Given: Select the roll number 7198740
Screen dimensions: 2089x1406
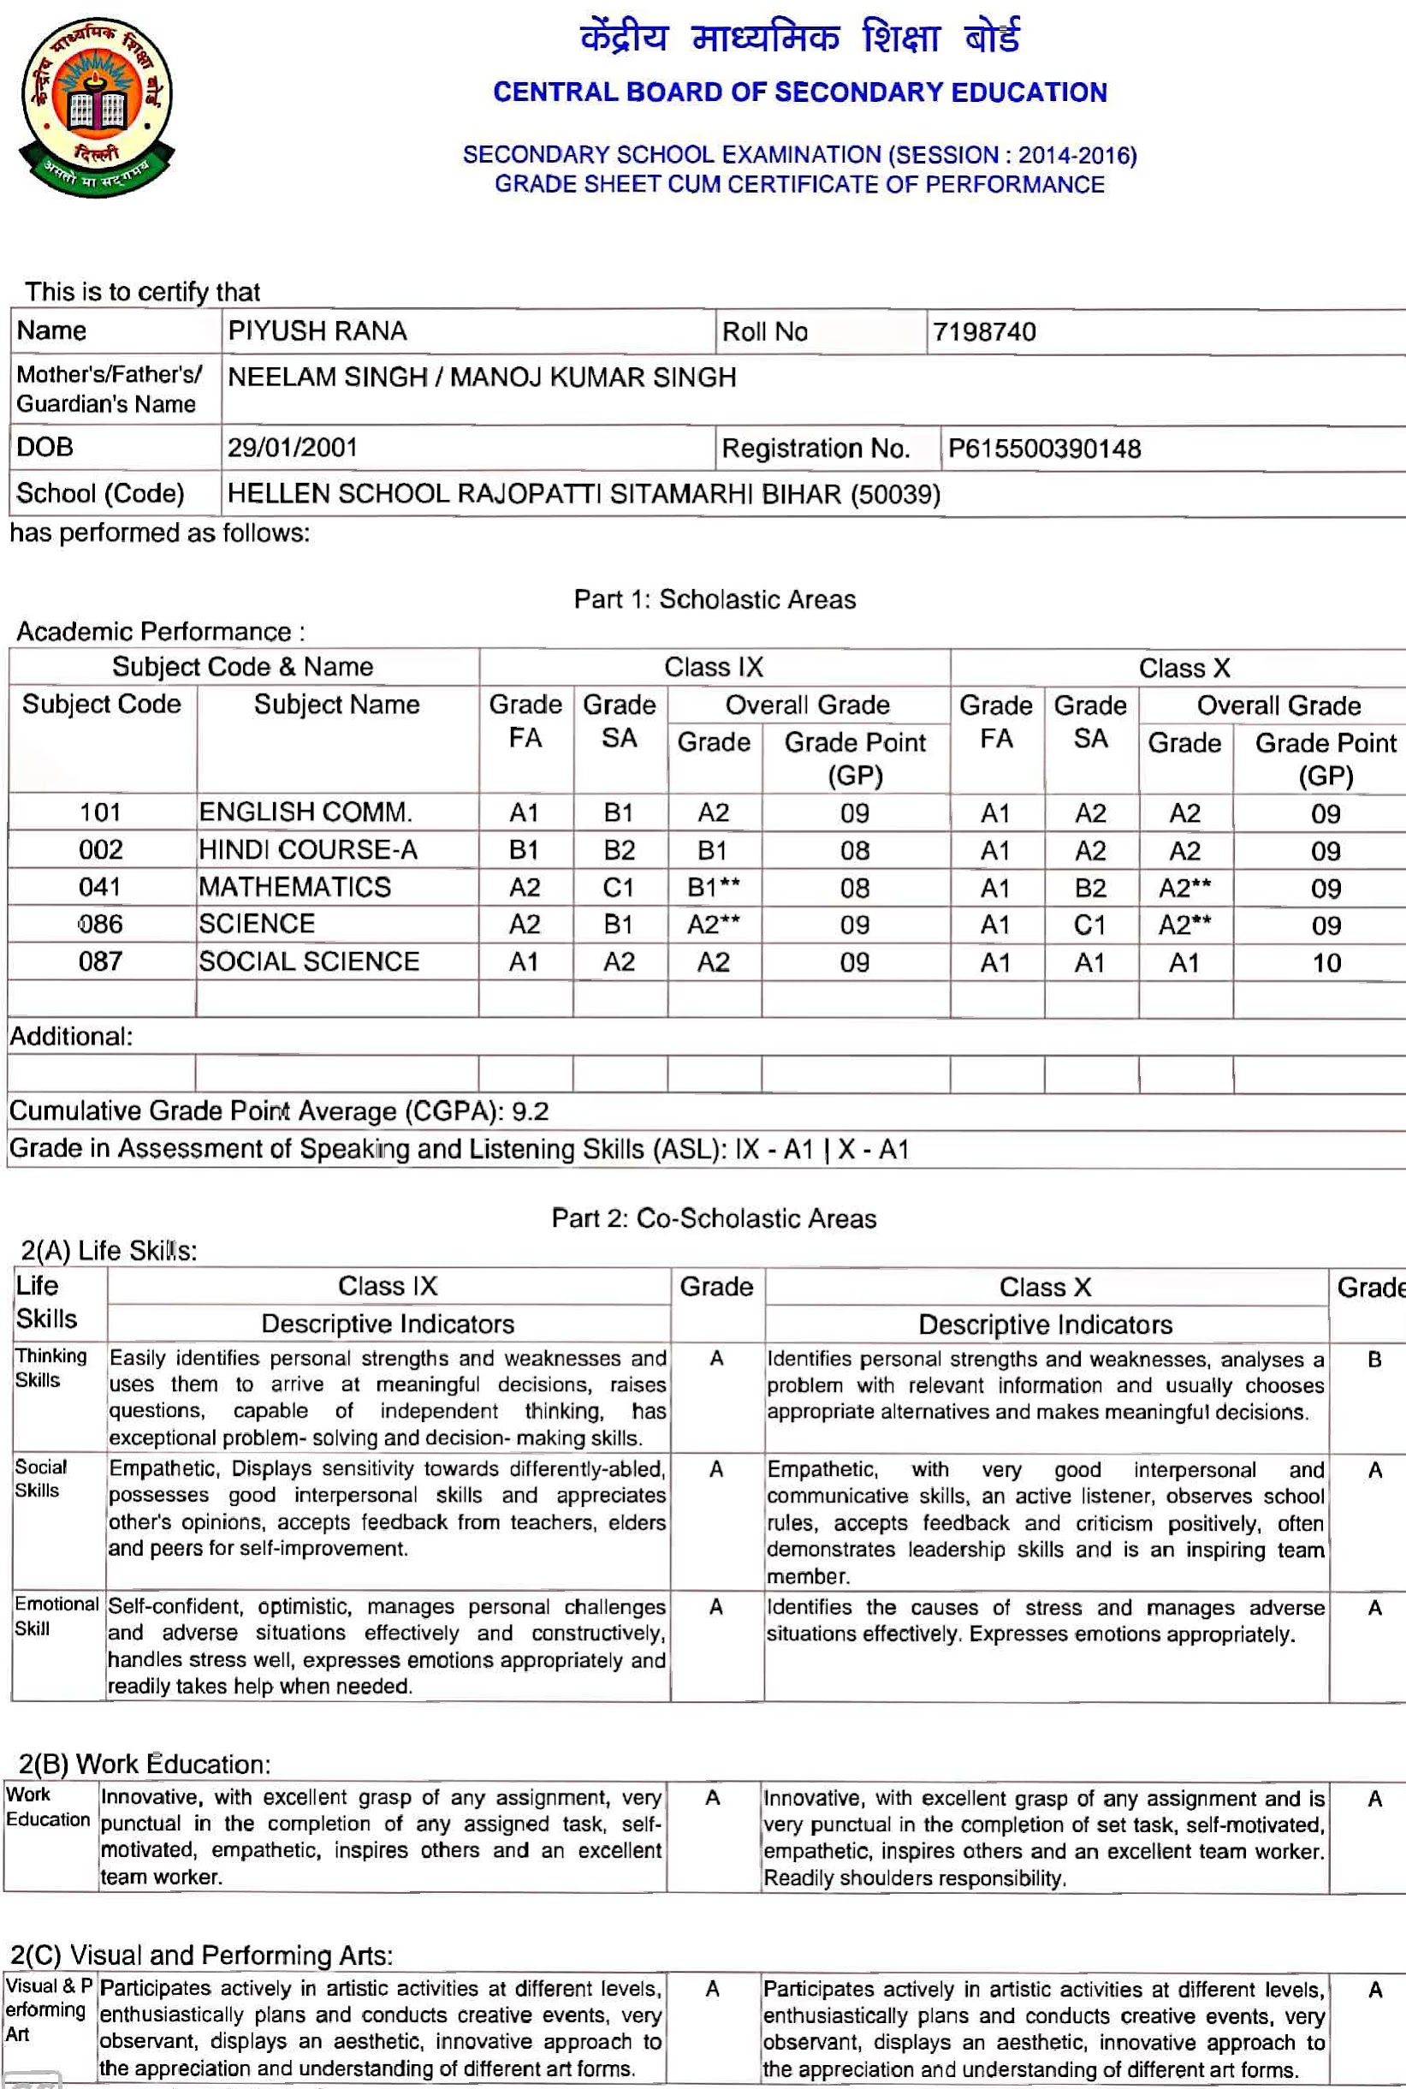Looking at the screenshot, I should pos(983,332).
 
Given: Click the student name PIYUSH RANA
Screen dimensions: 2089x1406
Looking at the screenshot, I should pos(317,331).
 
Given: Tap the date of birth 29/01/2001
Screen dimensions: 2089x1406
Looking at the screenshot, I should pos(293,448).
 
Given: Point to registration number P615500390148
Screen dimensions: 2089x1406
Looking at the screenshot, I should pos(1044,449).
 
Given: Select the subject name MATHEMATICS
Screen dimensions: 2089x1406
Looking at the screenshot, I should pos(295,887).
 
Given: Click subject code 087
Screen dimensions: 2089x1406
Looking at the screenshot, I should pos(99,961).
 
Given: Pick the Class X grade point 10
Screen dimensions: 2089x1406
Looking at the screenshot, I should pos(1326,963).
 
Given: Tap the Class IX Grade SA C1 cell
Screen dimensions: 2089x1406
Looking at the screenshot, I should pos(619,888).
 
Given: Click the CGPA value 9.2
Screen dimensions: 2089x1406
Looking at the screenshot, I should pos(530,1111).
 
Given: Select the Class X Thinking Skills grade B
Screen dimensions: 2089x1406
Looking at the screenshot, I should pos(1373,1360).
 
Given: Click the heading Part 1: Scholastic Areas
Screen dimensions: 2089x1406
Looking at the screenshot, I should pos(715,599).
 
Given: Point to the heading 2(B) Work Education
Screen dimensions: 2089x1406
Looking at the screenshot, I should pos(145,1764).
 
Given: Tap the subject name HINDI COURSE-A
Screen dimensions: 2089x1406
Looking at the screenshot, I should pos(307,849).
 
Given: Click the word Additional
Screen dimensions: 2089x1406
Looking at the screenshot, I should pos(70,1037).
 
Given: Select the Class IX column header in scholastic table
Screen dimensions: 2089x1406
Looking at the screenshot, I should pos(714,667).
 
